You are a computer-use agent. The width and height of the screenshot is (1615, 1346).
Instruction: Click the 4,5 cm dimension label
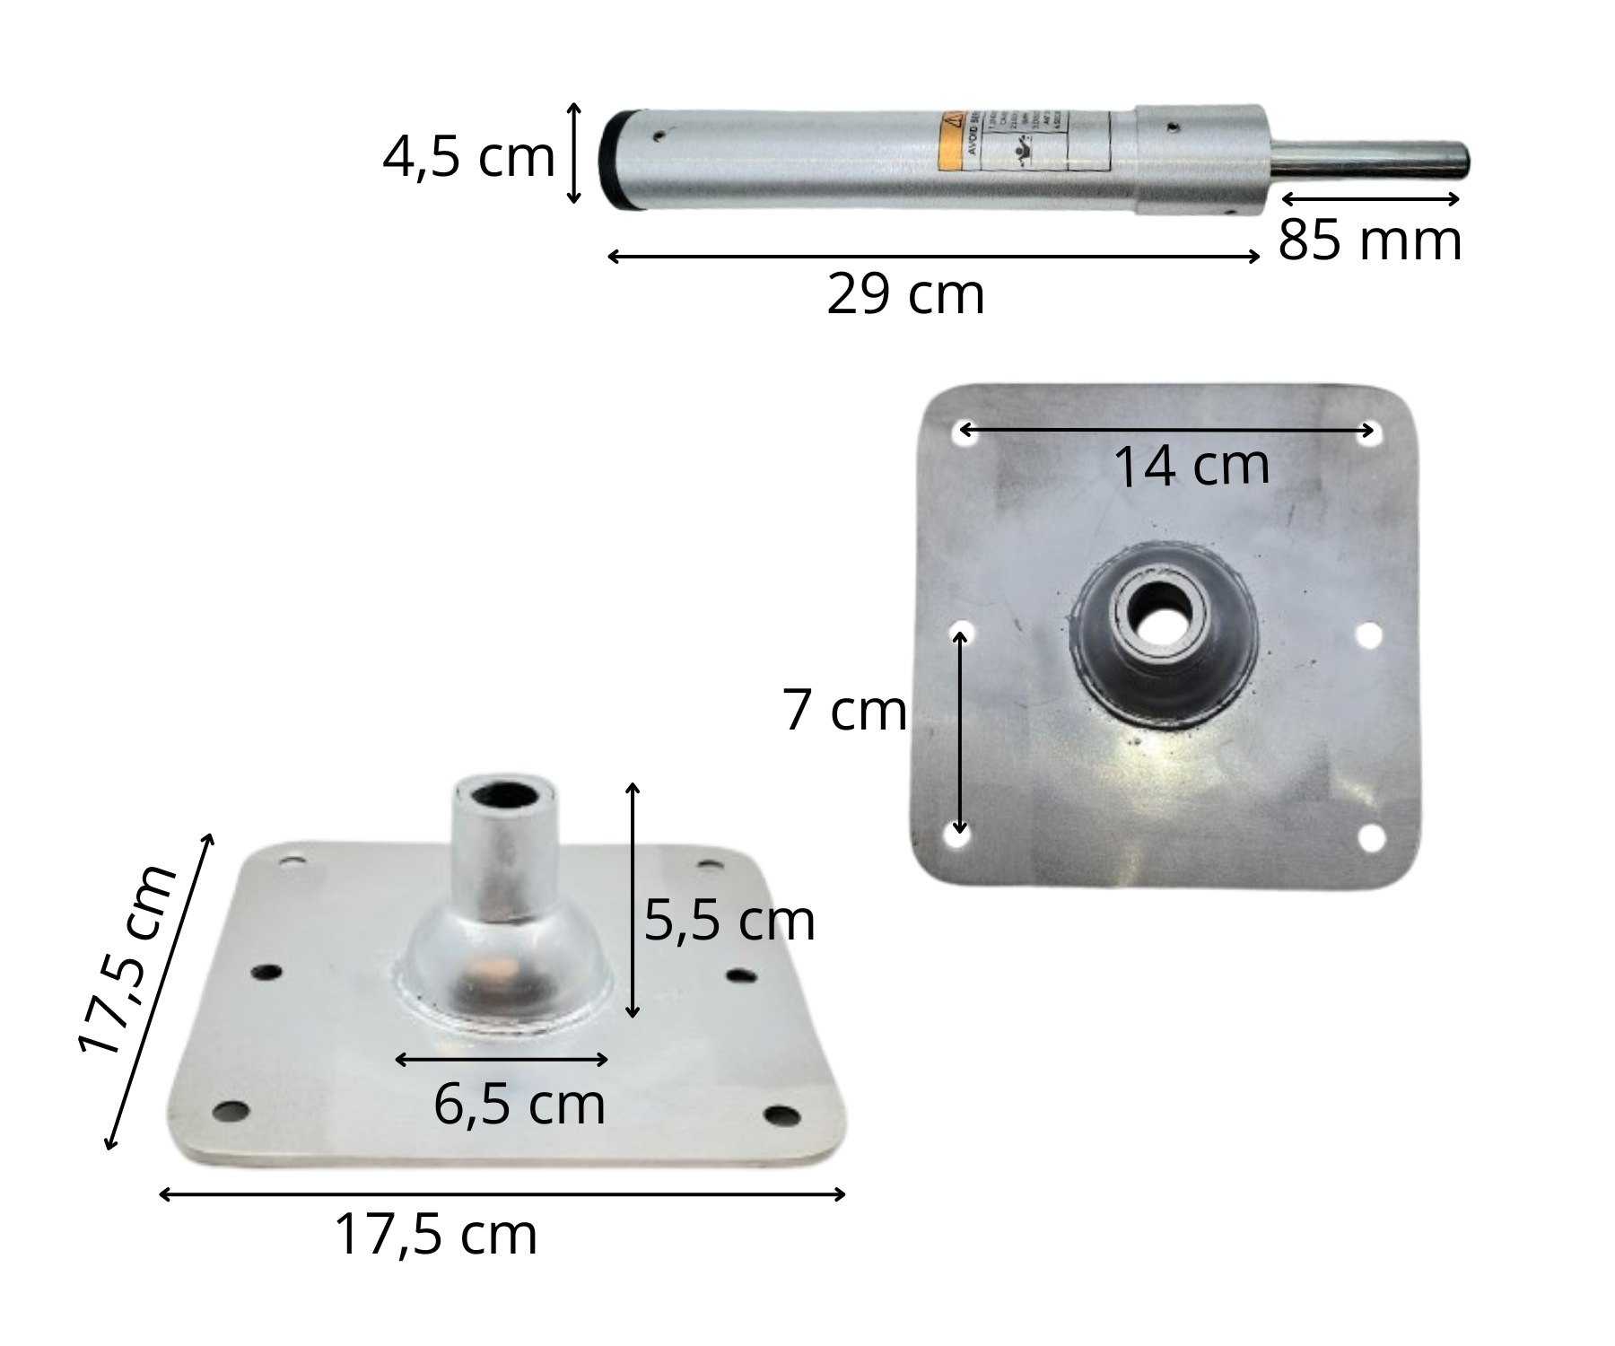(468, 158)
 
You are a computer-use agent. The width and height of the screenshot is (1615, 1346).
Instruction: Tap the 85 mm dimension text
(1369, 240)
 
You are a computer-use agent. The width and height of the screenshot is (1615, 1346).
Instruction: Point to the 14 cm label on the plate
(1192, 466)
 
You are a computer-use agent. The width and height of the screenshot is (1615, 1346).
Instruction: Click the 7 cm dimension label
(844, 711)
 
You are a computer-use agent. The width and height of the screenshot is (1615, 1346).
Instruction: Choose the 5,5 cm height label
(729, 921)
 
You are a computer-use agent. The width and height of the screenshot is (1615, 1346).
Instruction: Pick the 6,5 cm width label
(519, 1105)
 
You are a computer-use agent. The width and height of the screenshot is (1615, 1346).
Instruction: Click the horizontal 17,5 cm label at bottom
(436, 1235)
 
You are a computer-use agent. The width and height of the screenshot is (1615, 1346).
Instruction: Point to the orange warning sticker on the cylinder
(951, 144)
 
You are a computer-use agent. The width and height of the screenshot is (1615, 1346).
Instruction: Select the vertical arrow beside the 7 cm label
(961, 731)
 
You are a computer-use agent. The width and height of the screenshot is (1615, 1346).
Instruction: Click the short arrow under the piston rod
(1370, 199)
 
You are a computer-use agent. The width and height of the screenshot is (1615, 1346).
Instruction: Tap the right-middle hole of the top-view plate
(1368, 635)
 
